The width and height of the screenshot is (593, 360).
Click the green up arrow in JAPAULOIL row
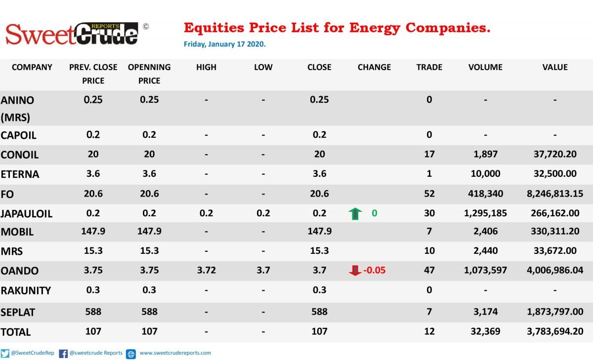355,214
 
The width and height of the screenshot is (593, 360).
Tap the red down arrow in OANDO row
355,270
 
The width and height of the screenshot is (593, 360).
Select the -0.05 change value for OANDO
375,270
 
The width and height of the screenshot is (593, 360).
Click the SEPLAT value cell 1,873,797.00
555,312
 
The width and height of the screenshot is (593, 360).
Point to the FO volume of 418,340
485,194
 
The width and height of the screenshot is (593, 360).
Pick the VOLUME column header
485,67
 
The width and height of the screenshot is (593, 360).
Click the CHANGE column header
374,67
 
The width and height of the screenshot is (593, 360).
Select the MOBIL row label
17,232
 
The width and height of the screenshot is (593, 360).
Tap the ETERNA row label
20,174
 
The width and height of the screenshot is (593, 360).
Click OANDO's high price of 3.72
206,270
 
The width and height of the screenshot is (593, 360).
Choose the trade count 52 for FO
429,194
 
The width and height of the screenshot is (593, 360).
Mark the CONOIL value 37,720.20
555,154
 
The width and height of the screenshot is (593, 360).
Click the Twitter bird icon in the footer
5,354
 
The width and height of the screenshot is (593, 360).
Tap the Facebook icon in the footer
63,354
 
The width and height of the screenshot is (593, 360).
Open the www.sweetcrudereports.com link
175,353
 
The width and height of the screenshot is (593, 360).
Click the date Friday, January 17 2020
224,44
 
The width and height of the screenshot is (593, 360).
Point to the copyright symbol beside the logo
146,27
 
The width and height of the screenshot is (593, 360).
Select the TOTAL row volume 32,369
485,331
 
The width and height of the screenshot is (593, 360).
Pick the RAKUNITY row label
26,291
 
